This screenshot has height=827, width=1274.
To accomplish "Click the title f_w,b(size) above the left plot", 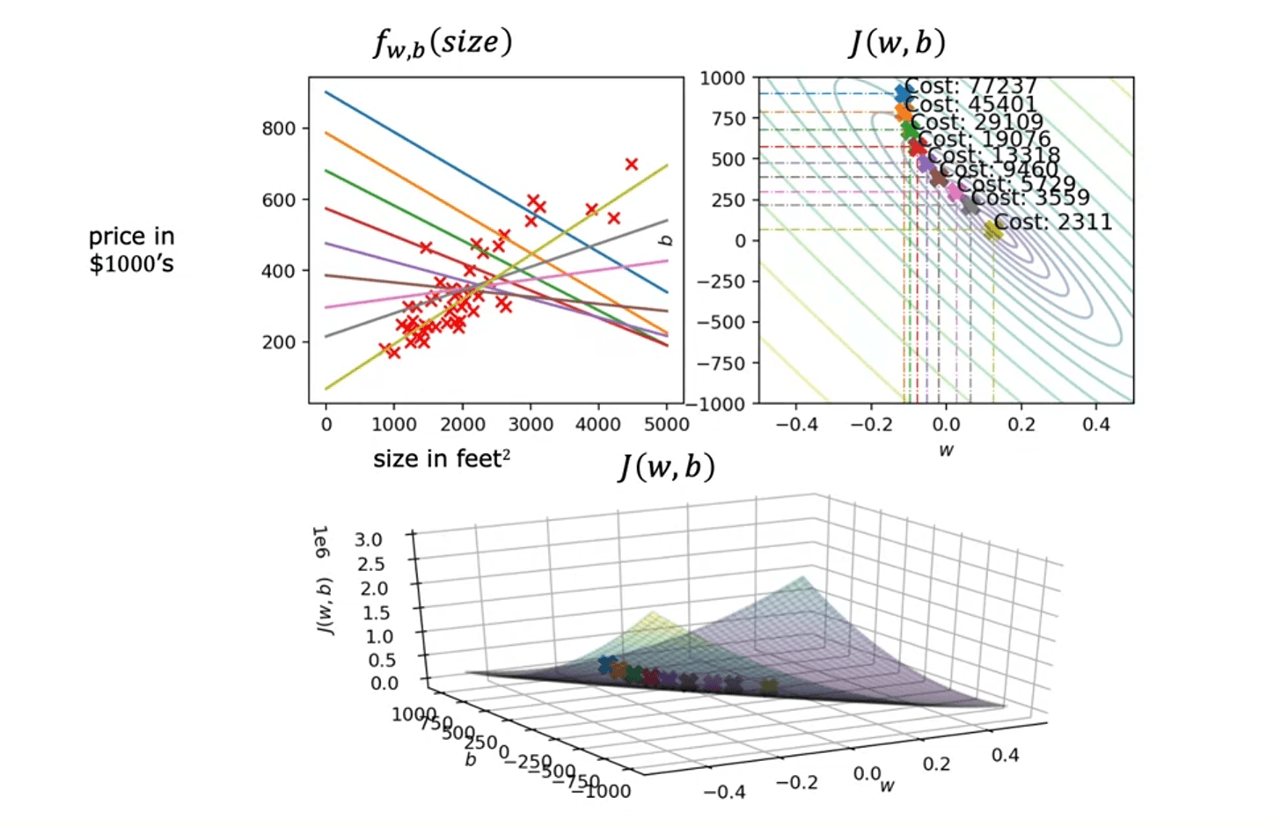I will tap(442, 43).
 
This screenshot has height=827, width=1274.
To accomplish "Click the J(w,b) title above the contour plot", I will tap(897, 42).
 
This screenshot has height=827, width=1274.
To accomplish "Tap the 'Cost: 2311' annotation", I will tap(1053, 222).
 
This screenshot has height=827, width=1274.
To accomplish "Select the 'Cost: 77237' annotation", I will tap(971, 86).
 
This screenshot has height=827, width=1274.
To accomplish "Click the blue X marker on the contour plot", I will tap(903, 93).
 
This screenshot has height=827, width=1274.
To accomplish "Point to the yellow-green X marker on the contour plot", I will tap(993, 230).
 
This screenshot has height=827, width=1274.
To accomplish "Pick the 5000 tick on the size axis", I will tap(666, 424).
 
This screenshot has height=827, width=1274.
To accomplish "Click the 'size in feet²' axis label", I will tap(442, 458).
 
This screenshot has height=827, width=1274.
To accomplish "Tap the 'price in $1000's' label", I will tap(132, 250).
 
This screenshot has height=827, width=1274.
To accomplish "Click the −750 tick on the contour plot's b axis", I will tap(721, 362).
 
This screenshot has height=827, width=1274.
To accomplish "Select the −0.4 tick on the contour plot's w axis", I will tap(796, 424).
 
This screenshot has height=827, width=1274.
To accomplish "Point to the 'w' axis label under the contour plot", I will tap(946, 450).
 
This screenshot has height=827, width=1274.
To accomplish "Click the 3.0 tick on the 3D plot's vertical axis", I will tap(369, 539).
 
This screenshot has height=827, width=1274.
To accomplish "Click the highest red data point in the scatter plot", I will tap(631, 164).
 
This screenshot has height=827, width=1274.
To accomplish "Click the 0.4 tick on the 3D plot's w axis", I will tap(1005, 754).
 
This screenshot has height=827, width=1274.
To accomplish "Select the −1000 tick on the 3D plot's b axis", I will tap(602, 790).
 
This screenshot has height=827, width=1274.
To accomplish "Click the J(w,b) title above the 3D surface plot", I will tap(666, 467).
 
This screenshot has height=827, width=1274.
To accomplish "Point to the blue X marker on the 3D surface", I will tap(606, 664).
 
